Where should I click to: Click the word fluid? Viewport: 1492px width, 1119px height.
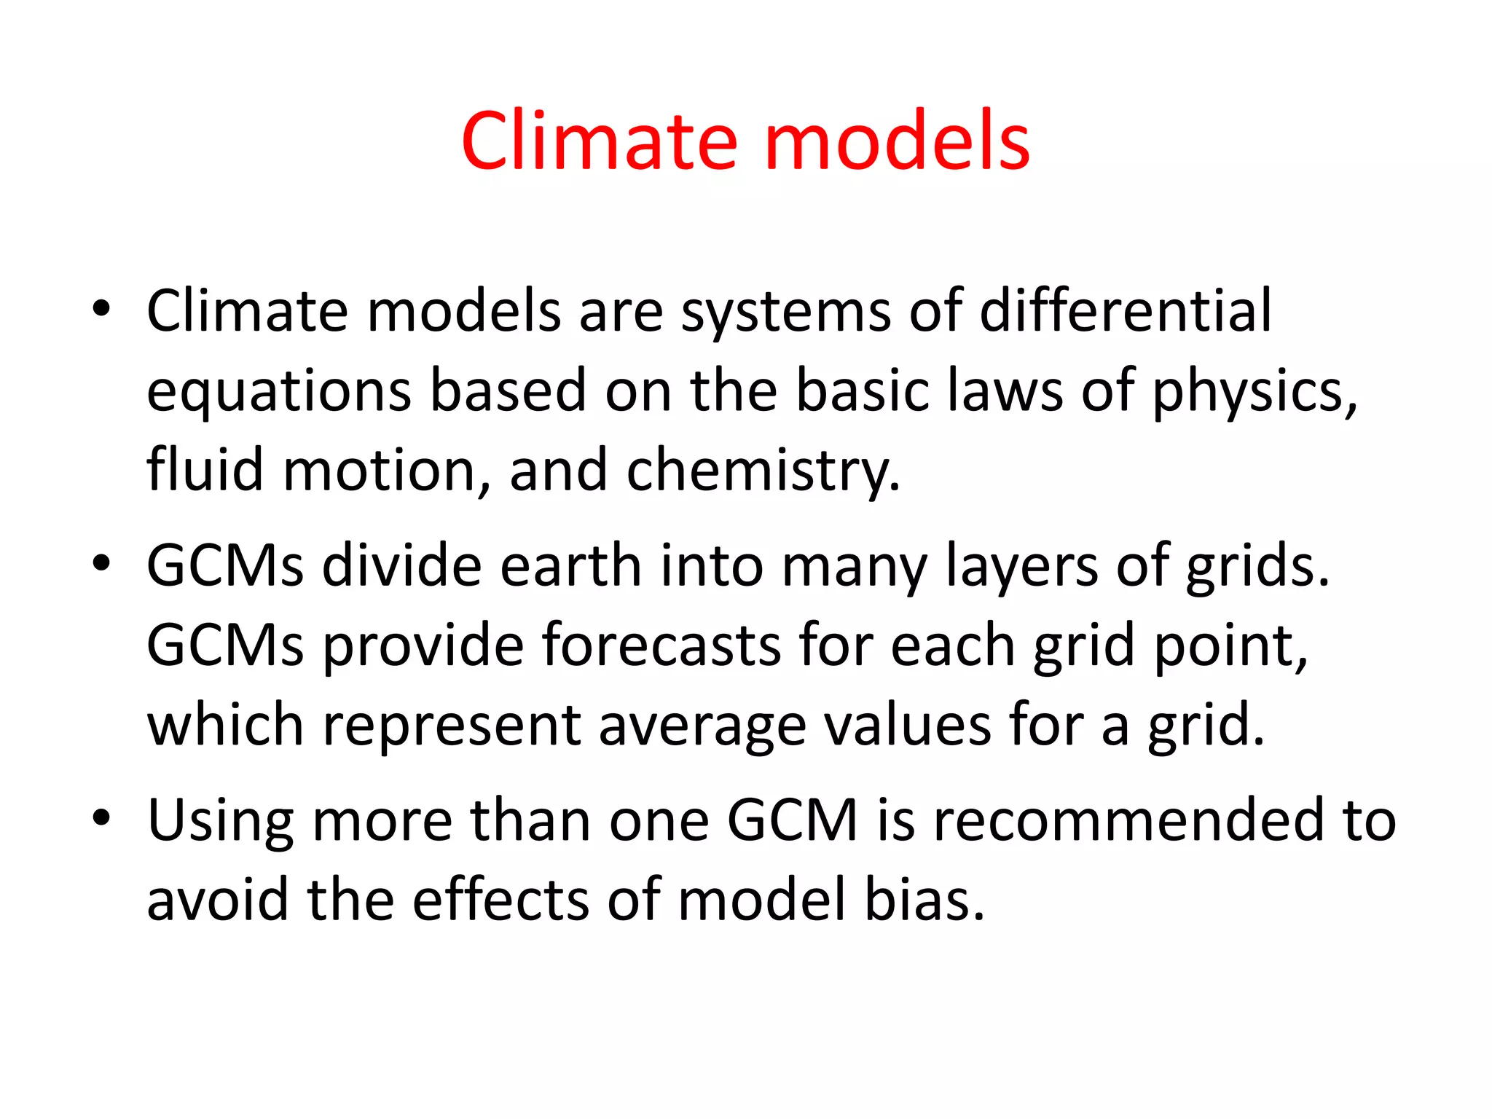click(x=205, y=470)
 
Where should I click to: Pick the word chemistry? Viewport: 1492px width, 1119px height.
click(x=763, y=470)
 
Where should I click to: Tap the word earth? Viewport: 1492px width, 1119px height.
click(x=570, y=566)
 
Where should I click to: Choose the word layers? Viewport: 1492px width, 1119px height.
click(x=1021, y=566)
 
